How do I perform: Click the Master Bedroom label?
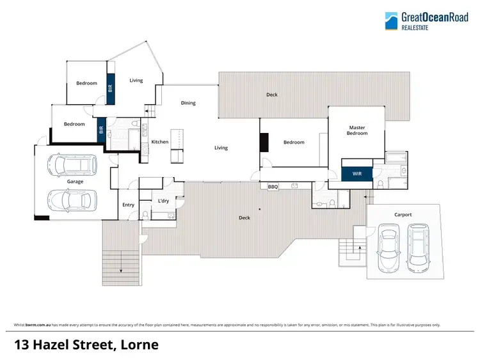click(357, 130)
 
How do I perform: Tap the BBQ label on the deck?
click(273, 187)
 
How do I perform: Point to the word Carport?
click(403, 215)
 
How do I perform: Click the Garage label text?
click(75, 182)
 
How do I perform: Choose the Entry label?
click(128, 205)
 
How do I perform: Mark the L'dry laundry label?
click(163, 201)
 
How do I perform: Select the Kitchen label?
click(159, 142)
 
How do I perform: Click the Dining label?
click(188, 103)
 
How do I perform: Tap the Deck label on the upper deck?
click(272, 95)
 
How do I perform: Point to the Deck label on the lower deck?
click(244, 218)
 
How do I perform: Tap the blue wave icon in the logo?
click(391, 21)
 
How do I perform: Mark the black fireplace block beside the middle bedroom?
click(263, 142)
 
